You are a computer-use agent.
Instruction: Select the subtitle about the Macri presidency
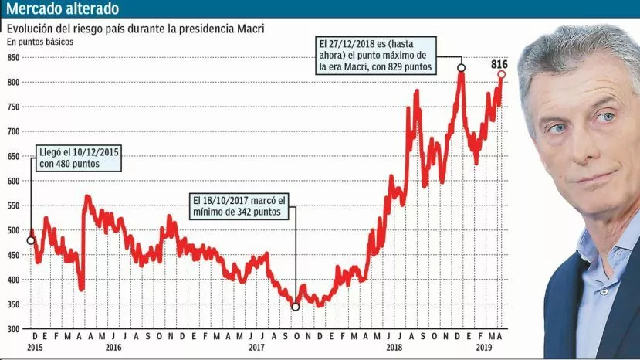(135, 29)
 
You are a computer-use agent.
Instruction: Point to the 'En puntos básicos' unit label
(40, 42)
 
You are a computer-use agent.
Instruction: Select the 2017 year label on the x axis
(257, 348)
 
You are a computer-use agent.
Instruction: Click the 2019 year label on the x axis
(483, 348)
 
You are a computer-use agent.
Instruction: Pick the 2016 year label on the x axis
(113, 348)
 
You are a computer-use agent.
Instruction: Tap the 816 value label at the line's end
(499, 64)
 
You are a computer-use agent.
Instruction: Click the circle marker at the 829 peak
(462, 68)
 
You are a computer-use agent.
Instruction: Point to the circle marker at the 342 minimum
(296, 307)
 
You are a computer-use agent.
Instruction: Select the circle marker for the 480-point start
(31, 240)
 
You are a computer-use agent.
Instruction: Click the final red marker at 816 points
(501, 74)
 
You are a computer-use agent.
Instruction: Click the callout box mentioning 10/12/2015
(80, 158)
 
